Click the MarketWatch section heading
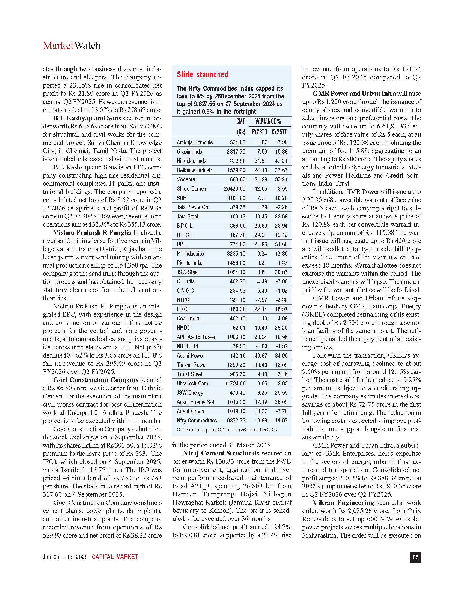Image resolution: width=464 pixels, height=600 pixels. click(x=72, y=46)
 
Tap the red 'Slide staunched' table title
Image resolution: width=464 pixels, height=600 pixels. click(x=203, y=74)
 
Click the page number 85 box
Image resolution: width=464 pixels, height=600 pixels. click(x=415, y=557)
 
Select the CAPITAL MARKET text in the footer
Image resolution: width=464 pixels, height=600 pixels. click(x=115, y=557)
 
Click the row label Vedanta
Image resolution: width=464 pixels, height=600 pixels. click(x=186, y=179)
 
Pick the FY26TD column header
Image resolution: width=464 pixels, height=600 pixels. click(x=259, y=132)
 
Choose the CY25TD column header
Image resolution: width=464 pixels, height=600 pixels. click(x=279, y=132)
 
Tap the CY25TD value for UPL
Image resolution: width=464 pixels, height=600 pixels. click(x=281, y=244)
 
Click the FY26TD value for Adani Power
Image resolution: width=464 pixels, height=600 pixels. click(x=261, y=355)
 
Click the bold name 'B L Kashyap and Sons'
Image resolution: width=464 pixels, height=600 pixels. click(x=87, y=118)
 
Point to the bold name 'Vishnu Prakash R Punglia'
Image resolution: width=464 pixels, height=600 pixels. click(x=92, y=233)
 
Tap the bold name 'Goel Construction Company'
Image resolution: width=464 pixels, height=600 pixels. click(x=96, y=380)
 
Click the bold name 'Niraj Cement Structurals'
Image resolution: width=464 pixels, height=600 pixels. click(x=221, y=453)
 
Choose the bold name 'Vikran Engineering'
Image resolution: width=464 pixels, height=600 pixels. click(x=343, y=502)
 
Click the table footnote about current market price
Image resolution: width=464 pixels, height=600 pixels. click(x=227, y=430)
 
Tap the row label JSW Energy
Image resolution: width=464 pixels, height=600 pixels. click(x=190, y=392)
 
